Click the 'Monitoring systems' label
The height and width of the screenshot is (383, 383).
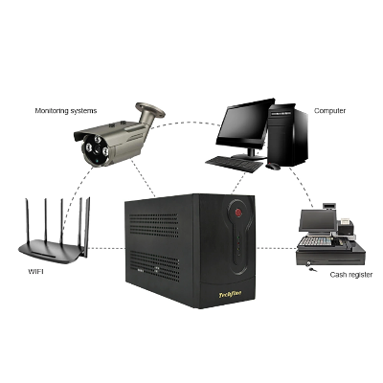66,111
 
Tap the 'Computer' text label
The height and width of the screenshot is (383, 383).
329,111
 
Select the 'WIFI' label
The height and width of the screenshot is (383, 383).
35,272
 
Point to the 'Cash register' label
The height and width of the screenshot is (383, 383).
351,275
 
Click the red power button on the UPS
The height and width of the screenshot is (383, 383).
238,213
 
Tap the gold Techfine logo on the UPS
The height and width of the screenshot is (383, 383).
230,294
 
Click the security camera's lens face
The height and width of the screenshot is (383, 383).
96,149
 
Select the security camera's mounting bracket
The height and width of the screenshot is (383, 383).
149,112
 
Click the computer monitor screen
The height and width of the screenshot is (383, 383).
244,124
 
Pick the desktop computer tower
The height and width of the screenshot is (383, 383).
288,135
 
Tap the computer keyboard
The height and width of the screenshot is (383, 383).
235,164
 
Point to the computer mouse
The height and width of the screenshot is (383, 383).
273,166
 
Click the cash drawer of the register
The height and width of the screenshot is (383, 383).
329,258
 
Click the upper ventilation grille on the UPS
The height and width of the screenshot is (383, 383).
154,225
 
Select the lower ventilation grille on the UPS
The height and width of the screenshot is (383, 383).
154,265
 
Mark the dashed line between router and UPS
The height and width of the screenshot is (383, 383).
106,248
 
